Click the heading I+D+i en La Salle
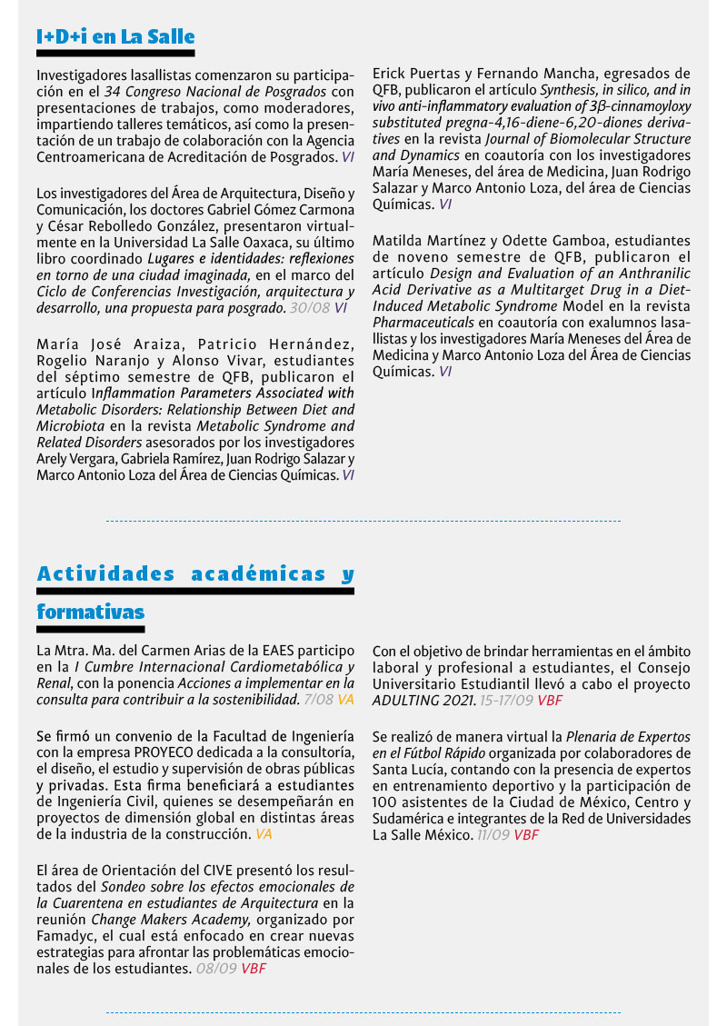[115, 36]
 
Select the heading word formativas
[90, 612]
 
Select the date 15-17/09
[504, 701]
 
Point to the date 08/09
[216, 968]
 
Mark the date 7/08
[318, 700]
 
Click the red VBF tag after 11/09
[526, 833]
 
